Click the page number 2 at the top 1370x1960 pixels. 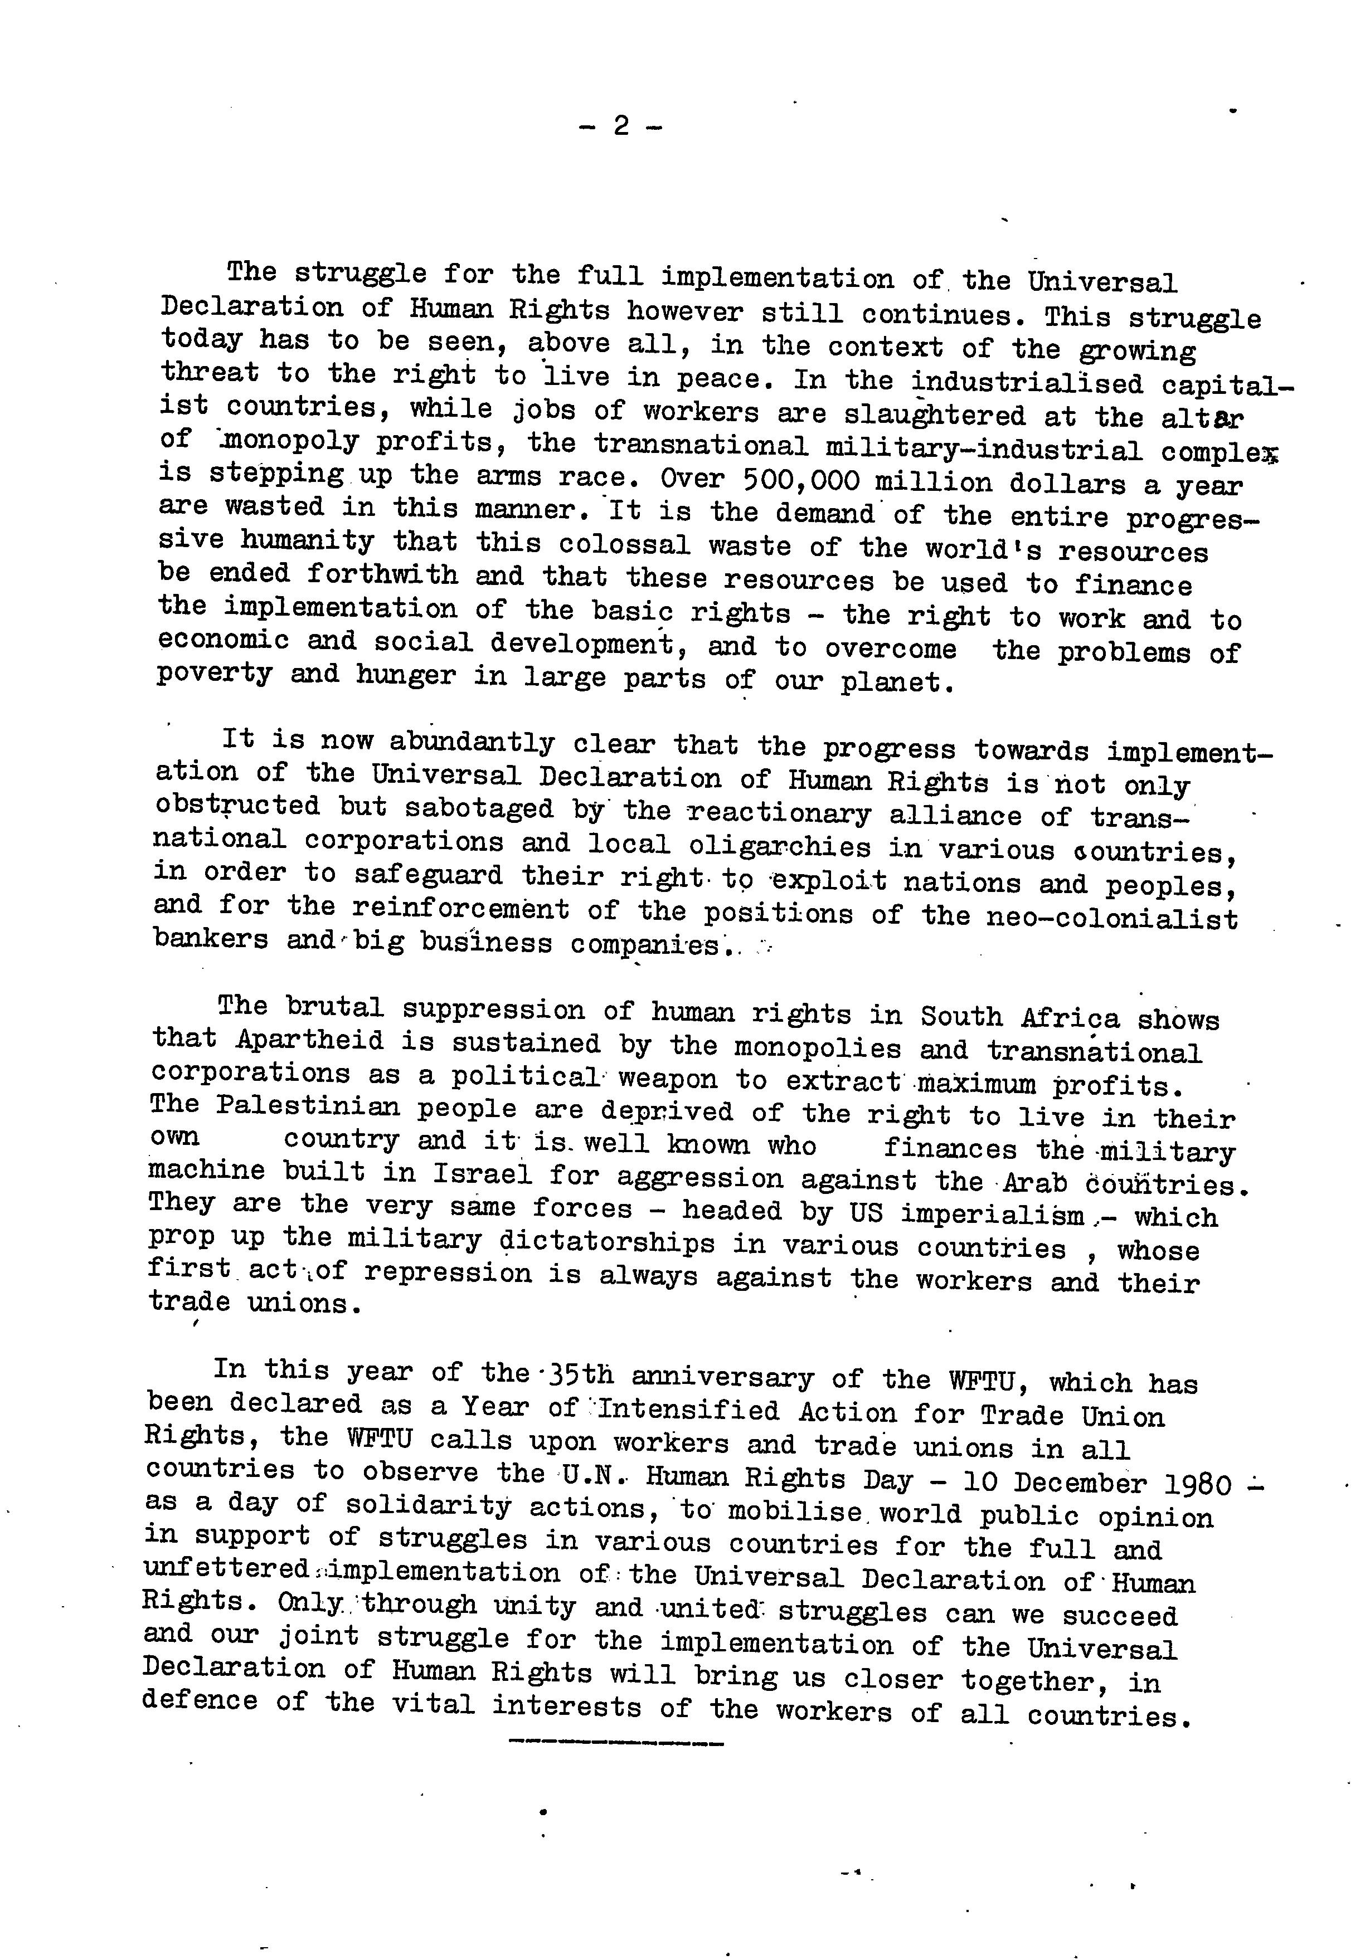[x=621, y=126]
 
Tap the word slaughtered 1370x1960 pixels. [x=934, y=415]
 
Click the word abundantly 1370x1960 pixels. [x=472, y=743]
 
